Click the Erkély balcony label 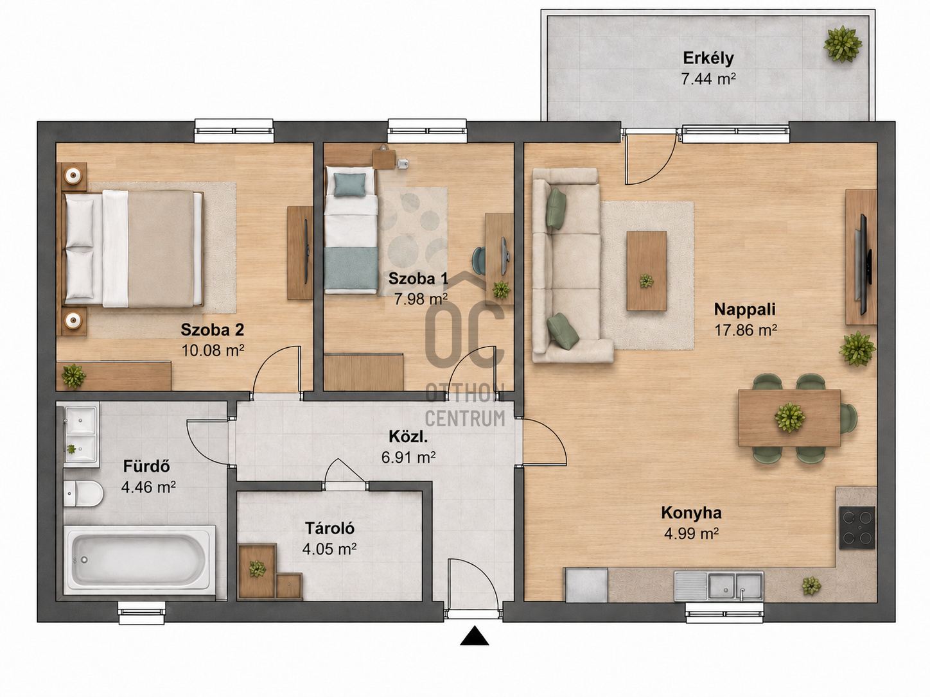point(708,58)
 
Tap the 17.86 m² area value point(745,330)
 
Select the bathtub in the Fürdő point(140,560)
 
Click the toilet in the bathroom point(83,494)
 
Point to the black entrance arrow point(475,635)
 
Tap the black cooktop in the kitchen point(857,528)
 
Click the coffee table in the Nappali point(647,271)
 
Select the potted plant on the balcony point(842,44)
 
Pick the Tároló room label point(329,528)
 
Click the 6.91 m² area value point(408,458)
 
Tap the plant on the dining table point(790,417)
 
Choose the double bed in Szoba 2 point(134,249)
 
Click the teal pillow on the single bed point(349,185)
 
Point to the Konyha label point(692,513)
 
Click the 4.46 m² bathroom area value point(148,487)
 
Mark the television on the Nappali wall point(863,264)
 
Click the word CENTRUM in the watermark point(465,418)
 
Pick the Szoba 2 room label point(213,330)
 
